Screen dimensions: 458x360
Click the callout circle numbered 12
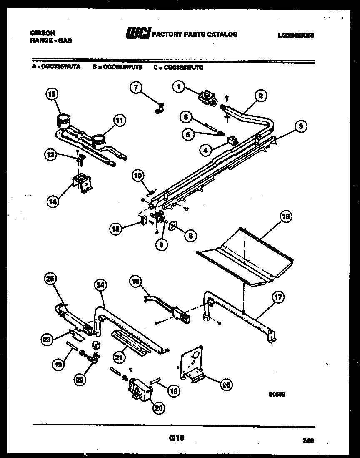pyautogui.click(x=52, y=95)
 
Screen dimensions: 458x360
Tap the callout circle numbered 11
pyautogui.click(x=120, y=121)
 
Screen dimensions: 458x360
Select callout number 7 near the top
pyautogui.click(x=136, y=87)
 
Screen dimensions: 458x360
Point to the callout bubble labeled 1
pyautogui.click(x=178, y=87)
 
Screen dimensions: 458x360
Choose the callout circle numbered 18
pyautogui.click(x=286, y=217)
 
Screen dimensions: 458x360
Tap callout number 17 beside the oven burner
pyautogui.click(x=277, y=298)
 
